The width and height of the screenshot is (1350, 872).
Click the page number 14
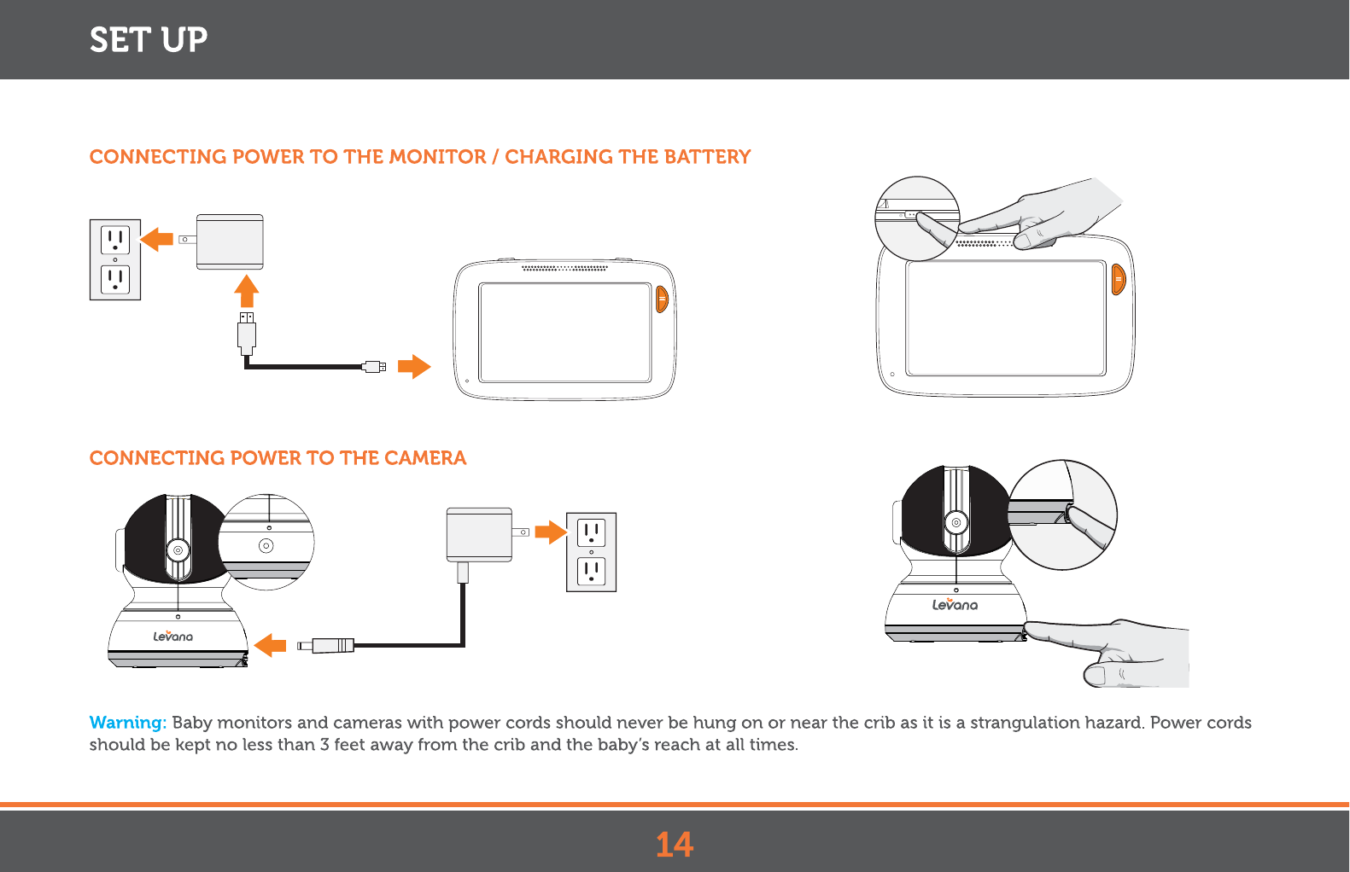pyautogui.click(x=675, y=845)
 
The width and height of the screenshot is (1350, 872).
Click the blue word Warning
pyautogui.click(x=127, y=723)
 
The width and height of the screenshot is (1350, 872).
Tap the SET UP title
pyautogui.click(x=149, y=40)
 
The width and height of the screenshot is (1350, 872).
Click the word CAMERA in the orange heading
pyautogui.click(x=425, y=458)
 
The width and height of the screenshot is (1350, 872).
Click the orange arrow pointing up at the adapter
pyautogui.click(x=247, y=291)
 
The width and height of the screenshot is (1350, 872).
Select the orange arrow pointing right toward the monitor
pyautogui.click(x=414, y=366)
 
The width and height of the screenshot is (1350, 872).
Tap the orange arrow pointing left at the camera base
pyautogui.click(x=271, y=645)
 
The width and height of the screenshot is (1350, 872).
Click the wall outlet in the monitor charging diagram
pyautogui.click(x=115, y=259)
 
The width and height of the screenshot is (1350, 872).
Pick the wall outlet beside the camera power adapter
pyautogui.click(x=591, y=552)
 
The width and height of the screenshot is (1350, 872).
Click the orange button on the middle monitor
pyautogui.click(x=662, y=299)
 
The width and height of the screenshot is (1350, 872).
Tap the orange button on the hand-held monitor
pyautogui.click(x=1119, y=279)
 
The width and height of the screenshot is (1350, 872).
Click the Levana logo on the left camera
pyautogui.click(x=173, y=637)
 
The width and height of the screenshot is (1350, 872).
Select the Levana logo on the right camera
pyautogui.click(x=955, y=605)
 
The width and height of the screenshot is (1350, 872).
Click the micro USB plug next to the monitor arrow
pyautogui.click(x=374, y=367)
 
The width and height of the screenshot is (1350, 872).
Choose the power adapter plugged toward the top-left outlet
pyautogui.click(x=229, y=241)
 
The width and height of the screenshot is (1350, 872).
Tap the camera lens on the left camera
pyautogui.click(x=178, y=550)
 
